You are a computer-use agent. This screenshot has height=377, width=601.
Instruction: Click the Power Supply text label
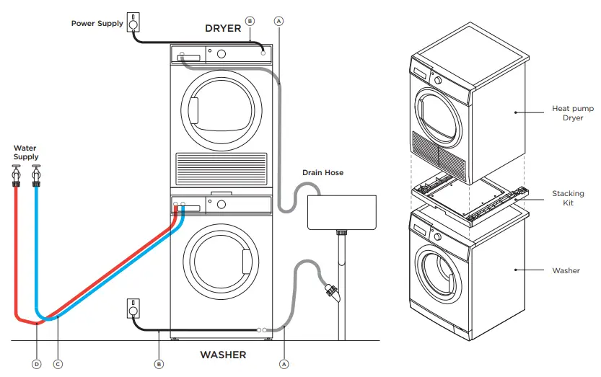(97, 24)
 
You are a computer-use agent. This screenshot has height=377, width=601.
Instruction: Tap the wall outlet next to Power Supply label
(133, 22)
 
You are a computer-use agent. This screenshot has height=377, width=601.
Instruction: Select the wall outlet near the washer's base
(133, 308)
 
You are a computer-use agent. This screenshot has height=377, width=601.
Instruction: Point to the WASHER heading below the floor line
(223, 355)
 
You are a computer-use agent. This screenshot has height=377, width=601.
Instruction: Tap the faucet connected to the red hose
(16, 175)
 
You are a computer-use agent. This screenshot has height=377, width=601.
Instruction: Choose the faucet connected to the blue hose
(35, 175)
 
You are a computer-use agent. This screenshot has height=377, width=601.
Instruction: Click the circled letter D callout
(36, 364)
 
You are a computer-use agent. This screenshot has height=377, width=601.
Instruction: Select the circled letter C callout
(58, 364)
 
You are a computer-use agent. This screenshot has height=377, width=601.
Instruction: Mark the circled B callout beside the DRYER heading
(250, 21)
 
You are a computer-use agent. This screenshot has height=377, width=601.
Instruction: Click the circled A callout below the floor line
(284, 364)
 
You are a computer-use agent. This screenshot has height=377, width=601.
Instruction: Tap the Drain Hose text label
(322, 173)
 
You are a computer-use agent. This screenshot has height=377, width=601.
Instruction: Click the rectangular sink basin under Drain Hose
(342, 211)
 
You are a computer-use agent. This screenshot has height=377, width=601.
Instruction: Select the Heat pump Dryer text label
(567, 112)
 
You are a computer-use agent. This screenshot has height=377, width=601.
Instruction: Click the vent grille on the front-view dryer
(221, 169)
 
